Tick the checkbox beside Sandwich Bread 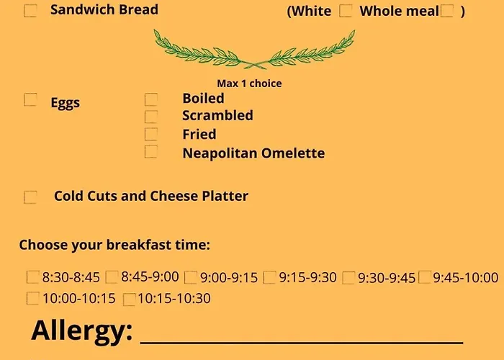(x=30, y=11)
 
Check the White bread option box (x=346, y=11)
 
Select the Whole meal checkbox (x=447, y=11)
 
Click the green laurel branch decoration (x=255, y=49)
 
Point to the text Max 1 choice (x=249, y=84)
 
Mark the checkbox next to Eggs (x=30, y=99)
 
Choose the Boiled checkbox (x=151, y=99)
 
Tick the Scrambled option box (x=151, y=117)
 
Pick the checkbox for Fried (x=151, y=135)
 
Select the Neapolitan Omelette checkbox (x=151, y=152)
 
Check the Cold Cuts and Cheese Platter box (x=30, y=197)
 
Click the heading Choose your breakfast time (x=114, y=245)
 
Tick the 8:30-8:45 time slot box (x=33, y=277)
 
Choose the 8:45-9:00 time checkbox (x=112, y=277)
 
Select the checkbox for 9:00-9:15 (x=191, y=278)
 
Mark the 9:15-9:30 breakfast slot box (x=269, y=278)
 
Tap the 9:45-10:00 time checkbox (x=425, y=277)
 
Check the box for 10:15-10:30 (x=129, y=300)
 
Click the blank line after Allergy (x=302, y=343)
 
